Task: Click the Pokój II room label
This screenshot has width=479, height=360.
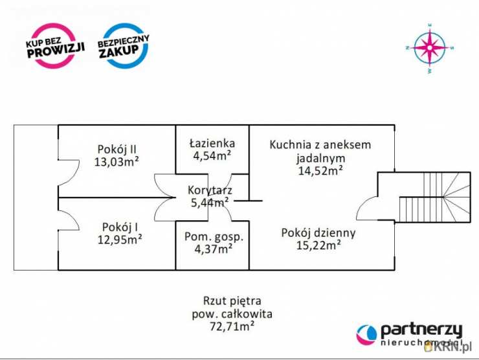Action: click(117, 148)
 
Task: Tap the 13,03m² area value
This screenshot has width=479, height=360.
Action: click(117, 161)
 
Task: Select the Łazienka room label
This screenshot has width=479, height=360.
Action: click(212, 142)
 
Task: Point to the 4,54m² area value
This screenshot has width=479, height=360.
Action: click(212, 155)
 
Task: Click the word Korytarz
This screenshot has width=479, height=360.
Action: click(209, 190)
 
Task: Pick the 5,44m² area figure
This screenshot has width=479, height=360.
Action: click(209, 203)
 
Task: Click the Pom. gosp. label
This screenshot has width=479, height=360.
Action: click(214, 236)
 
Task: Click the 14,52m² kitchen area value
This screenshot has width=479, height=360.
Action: click(320, 171)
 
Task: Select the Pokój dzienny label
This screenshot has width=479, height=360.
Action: click(318, 232)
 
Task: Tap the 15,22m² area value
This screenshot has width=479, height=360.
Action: click(319, 245)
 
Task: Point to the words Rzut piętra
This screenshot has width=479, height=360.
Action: click(232, 300)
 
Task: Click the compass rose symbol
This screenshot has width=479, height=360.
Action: click(429, 47)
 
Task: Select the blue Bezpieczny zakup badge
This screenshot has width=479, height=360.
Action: click(123, 46)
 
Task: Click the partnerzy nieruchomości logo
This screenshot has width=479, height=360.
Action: click(410, 333)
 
